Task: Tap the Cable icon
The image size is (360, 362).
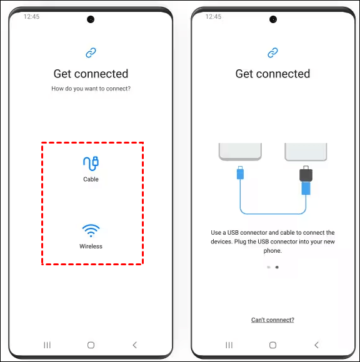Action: click(x=91, y=164)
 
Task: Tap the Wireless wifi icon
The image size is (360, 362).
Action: click(x=91, y=230)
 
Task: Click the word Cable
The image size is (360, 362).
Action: click(x=91, y=179)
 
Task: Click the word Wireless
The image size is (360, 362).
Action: click(x=91, y=247)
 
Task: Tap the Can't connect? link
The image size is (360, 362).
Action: click(x=272, y=320)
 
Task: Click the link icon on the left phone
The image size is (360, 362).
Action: click(x=91, y=52)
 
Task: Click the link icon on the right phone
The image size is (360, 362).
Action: click(x=273, y=52)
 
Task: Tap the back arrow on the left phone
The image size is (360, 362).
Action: click(x=135, y=345)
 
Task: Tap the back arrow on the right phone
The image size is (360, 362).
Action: click(x=316, y=345)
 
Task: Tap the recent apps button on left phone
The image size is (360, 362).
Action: click(x=47, y=345)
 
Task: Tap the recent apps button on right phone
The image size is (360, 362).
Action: click(x=229, y=345)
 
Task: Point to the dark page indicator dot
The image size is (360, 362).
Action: click(x=277, y=267)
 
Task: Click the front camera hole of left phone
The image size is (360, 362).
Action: click(x=91, y=19)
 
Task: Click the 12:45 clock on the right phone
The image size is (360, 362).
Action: click(x=213, y=17)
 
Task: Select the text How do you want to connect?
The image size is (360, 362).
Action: click(x=91, y=89)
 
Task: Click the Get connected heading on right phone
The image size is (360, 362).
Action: click(x=273, y=74)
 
